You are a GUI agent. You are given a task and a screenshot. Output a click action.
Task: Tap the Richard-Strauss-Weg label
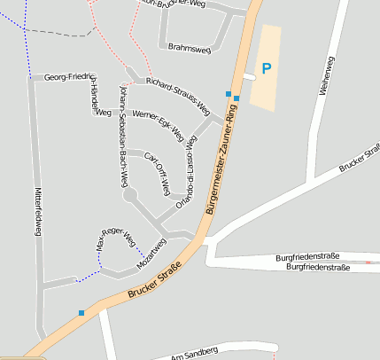(x=178, y=95)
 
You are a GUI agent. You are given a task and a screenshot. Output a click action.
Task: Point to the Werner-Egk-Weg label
(x=158, y=125)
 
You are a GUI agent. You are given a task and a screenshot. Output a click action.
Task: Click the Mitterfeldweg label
(x=38, y=210)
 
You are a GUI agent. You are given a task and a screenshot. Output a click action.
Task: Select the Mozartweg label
(x=151, y=254)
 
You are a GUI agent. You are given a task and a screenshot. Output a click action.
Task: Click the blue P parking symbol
(x=266, y=67)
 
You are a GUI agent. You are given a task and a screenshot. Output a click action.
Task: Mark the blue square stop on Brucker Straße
(x=81, y=312)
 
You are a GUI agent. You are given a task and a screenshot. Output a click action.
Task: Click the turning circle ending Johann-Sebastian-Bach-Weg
(x=130, y=197)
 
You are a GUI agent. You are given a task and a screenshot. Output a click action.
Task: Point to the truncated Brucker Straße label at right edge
(x=359, y=157)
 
